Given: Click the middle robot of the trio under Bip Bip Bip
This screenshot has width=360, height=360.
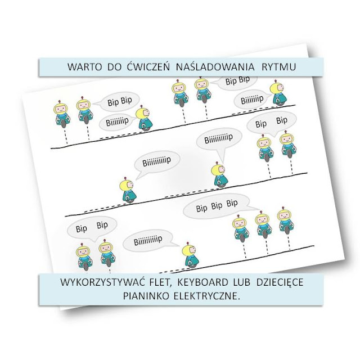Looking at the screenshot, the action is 262,225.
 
